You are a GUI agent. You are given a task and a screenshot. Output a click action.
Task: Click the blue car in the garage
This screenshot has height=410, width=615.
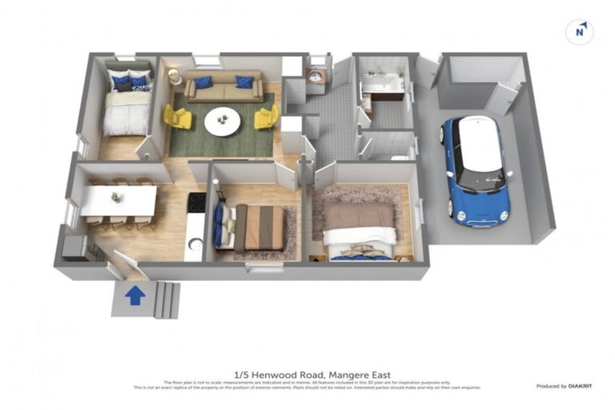pos(478,171)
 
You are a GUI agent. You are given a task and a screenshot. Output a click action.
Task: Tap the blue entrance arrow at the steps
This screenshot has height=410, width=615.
pos(135,295)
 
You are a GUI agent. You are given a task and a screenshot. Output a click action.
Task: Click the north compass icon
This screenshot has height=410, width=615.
pos(579,31)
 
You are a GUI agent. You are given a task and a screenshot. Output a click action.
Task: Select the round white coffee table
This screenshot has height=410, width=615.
pos(223,121)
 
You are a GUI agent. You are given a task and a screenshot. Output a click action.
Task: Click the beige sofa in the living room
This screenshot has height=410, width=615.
pos(223,85)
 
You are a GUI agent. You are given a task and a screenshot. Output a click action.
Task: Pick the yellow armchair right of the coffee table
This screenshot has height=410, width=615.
pos(266,118)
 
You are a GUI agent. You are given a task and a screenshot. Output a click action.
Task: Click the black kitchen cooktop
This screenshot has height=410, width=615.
pos(196,203)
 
